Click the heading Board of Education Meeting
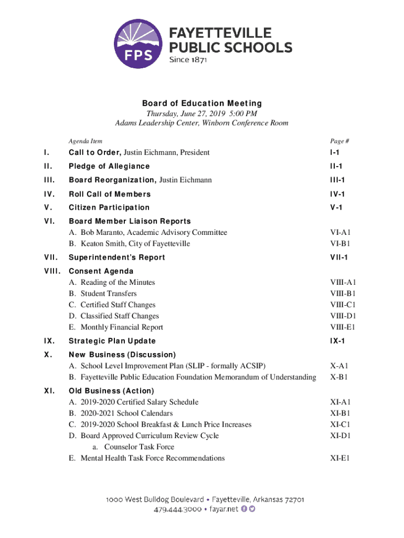pos(202,104)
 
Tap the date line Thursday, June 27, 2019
pos(201,113)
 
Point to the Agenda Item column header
pos(86,141)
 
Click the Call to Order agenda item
pos(139,152)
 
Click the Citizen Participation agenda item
pos(109,208)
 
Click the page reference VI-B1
pos(340,243)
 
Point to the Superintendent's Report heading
pos(117,257)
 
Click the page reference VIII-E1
pos(343,327)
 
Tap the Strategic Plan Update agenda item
pos(112,341)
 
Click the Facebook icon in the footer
pos(244,509)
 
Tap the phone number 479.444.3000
pos(178,509)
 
